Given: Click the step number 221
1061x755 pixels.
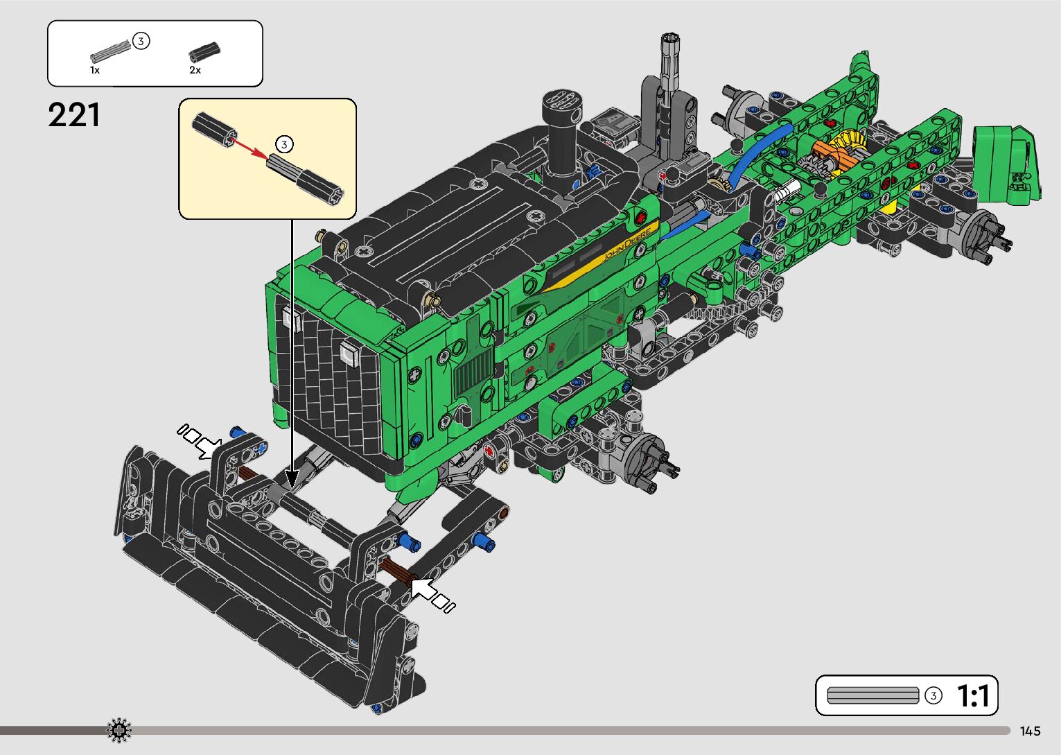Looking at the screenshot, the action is (x=74, y=115).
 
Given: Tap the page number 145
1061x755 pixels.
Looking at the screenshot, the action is (x=1031, y=731).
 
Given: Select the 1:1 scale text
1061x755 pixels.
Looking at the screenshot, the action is (x=973, y=696).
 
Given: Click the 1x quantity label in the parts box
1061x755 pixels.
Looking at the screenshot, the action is (x=95, y=70).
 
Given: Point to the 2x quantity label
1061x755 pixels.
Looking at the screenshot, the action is (x=195, y=70).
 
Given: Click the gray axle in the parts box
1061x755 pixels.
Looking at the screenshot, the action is (x=110, y=51).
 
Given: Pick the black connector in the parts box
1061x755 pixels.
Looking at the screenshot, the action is (x=204, y=52).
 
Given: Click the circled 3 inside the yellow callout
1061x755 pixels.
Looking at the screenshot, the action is (x=284, y=144).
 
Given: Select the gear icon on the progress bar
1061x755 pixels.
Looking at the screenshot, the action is (x=119, y=730).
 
